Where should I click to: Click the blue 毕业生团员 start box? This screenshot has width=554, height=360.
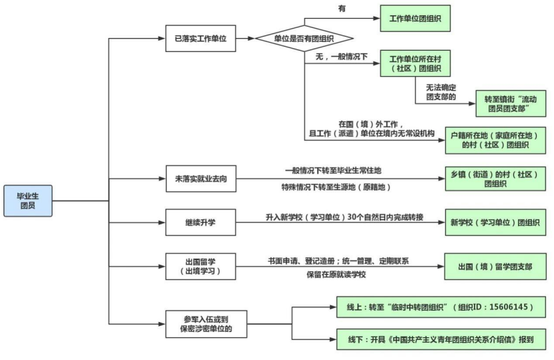point(27,200)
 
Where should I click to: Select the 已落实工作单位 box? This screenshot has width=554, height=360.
point(200,39)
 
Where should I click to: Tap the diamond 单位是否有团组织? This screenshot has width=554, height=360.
point(304,39)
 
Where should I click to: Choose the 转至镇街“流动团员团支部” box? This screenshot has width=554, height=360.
point(511,103)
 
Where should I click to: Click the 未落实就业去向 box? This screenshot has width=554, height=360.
point(200,178)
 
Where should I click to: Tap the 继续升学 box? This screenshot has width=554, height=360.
point(200,222)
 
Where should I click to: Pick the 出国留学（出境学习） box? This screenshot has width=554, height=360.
point(200,266)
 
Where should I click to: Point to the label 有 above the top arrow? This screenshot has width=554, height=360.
point(342,7)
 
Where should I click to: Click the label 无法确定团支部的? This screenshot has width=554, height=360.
point(441,92)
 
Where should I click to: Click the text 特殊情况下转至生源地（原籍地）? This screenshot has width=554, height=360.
point(336,188)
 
